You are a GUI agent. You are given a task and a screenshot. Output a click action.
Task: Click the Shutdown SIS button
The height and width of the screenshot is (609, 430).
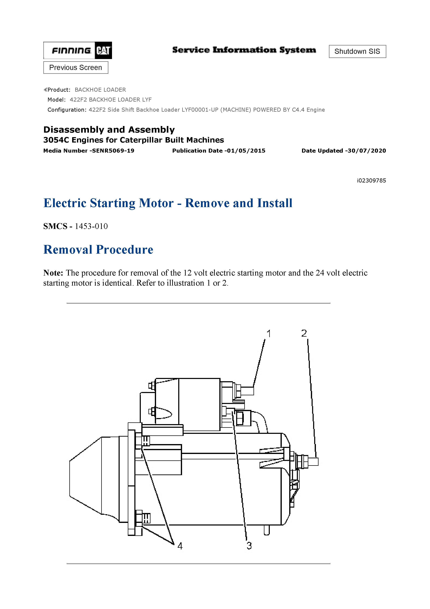[357, 51]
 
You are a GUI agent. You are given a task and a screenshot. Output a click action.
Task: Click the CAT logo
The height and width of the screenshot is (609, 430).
[103, 50]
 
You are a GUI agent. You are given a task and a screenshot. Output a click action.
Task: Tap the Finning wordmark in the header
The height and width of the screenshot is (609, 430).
[71, 50]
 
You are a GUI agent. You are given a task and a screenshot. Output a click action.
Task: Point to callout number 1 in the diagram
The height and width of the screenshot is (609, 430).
[269, 334]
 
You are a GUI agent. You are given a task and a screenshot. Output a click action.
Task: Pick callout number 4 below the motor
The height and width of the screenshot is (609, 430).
[180, 546]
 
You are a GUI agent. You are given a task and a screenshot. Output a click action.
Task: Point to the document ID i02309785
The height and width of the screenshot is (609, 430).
[371, 181]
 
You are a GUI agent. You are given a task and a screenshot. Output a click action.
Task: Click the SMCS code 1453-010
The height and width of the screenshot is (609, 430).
[91, 226]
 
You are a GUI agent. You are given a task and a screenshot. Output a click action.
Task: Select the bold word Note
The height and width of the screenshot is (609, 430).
[53, 273]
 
